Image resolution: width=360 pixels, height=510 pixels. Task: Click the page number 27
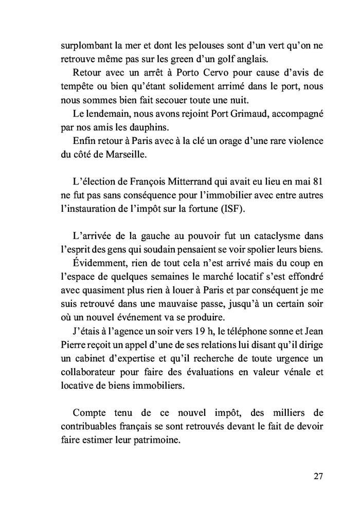317,476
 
